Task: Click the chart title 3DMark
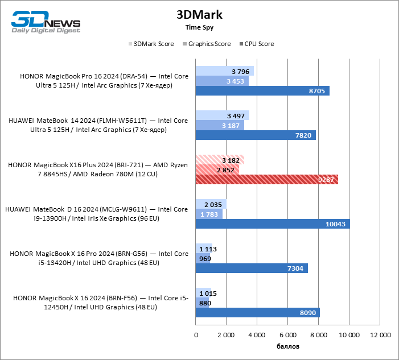pyautogui.click(x=199, y=14)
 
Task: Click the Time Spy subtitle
pyautogui.click(x=199, y=27)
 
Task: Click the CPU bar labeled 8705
pyautogui.click(x=262, y=91)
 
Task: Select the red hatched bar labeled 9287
pyautogui.click(x=267, y=179)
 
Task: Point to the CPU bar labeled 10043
pyautogui.click(x=273, y=224)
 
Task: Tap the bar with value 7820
pyautogui.click(x=256, y=135)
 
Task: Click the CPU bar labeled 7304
pyautogui.click(x=252, y=268)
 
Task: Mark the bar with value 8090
pyautogui.click(x=258, y=312)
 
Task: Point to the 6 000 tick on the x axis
pyautogui.click(x=288, y=335)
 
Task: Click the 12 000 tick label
pyautogui.click(x=380, y=335)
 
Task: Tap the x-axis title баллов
pyautogui.click(x=288, y=346)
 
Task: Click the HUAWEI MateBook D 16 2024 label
pyautogui.click(x=96, y=214)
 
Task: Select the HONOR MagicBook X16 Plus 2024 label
pyautogui.click(x=97, y=169)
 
